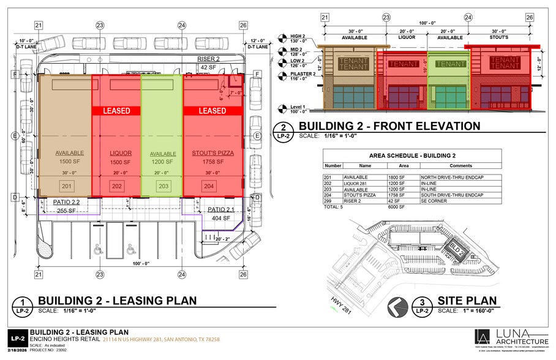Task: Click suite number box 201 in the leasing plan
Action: [x=66, y=186]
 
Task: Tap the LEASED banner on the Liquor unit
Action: [x=116, y=111]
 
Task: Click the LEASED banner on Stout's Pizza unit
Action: [x=212, y=111]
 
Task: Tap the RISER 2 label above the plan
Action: [x=208, y=58]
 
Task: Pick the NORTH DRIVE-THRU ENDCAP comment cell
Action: [x=447, y=177]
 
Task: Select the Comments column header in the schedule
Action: [x=460, y=165]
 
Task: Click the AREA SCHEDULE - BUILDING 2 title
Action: [x=412, y=156]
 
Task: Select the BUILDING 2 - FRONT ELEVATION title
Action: [x=389, y=127]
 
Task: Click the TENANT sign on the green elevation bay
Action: [x=451, y=64]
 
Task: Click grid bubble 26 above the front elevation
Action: [x=530, y=18]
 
